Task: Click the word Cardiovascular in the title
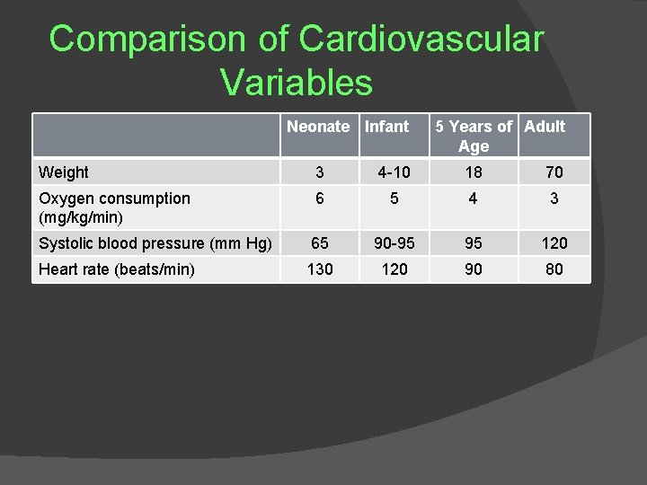421,39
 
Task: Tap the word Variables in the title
296,83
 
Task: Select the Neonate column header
318,127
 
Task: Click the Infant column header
386,127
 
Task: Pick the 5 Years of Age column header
474,136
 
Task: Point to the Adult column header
545,127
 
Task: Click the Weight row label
63,172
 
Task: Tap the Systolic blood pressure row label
155,242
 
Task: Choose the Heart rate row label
116,269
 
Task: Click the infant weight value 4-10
394,172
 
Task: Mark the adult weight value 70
554,172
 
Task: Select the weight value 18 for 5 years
474,172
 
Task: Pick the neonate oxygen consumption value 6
320,198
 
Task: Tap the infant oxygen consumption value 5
394,198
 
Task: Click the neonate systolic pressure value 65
320,242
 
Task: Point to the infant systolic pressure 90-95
394,242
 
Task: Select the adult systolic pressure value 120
554,242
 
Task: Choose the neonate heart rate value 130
320,269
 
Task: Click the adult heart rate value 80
554,269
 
